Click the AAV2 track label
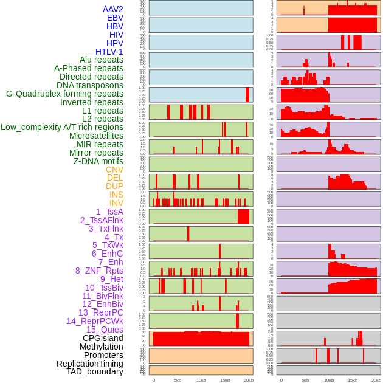113,9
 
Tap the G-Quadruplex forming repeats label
64,94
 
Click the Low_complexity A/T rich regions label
62,127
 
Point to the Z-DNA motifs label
98,161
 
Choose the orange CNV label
114,170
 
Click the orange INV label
116,203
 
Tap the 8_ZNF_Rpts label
99,271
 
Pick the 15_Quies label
105,330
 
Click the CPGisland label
103,338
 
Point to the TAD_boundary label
95,371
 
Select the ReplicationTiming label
90,364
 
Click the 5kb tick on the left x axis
178,380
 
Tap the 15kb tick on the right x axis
353,380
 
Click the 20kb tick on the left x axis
249,380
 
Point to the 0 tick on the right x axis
281,380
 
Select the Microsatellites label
96,136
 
